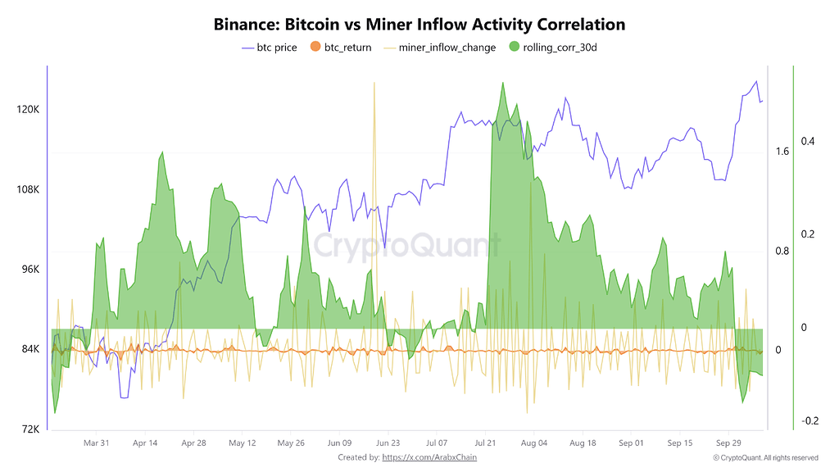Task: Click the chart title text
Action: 419,25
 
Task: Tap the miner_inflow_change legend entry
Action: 447,48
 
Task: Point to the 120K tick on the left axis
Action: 28,110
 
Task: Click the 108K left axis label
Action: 28,190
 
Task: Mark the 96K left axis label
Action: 29,270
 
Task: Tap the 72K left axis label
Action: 29,429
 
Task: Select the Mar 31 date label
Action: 96,443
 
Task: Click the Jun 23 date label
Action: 388,443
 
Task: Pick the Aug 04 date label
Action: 534,443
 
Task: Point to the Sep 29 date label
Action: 728,443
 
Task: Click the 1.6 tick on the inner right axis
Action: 782,152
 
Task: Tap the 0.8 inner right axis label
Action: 782,252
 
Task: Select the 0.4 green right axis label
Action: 808,142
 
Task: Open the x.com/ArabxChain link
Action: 429,457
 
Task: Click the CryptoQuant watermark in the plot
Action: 406,244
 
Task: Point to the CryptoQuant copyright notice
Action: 765,458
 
